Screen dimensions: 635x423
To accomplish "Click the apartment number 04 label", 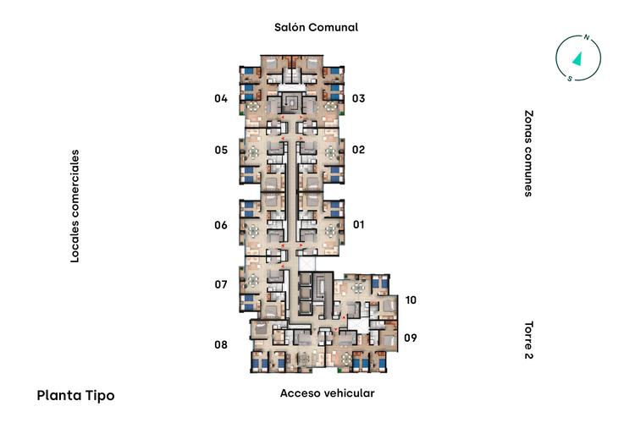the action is click(221, 98).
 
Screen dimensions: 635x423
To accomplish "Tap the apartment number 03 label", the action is click(358, 98).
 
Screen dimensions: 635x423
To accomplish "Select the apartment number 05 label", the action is click(221, 151).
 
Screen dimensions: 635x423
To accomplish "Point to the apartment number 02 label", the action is click(358, 150).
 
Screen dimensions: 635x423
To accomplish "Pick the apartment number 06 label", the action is click(221, 225).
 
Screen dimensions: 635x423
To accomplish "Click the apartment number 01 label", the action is click(359, 224).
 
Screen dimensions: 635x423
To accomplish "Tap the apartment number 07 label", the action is click(221, 284).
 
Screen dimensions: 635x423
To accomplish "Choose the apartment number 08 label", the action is click(221, 344).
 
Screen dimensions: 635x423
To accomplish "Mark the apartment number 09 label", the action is click(411, 338).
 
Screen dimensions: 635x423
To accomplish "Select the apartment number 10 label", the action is click(411, 300).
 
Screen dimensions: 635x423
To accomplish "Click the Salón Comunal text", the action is click(317, 27).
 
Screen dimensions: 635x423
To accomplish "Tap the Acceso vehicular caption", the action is click(327, 393).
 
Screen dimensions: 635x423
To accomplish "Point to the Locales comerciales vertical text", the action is click(75, 206).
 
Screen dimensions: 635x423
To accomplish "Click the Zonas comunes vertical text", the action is click(528, 153).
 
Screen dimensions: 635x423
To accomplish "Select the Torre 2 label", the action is click(528, 340).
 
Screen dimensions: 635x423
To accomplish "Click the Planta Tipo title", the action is click(75, 395).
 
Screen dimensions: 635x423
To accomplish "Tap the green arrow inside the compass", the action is click(577, 58).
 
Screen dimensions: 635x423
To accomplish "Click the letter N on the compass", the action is click(586, 37).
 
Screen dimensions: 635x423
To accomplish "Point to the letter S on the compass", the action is click(570, 79).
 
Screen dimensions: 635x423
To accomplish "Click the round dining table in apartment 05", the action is click(253, 152).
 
